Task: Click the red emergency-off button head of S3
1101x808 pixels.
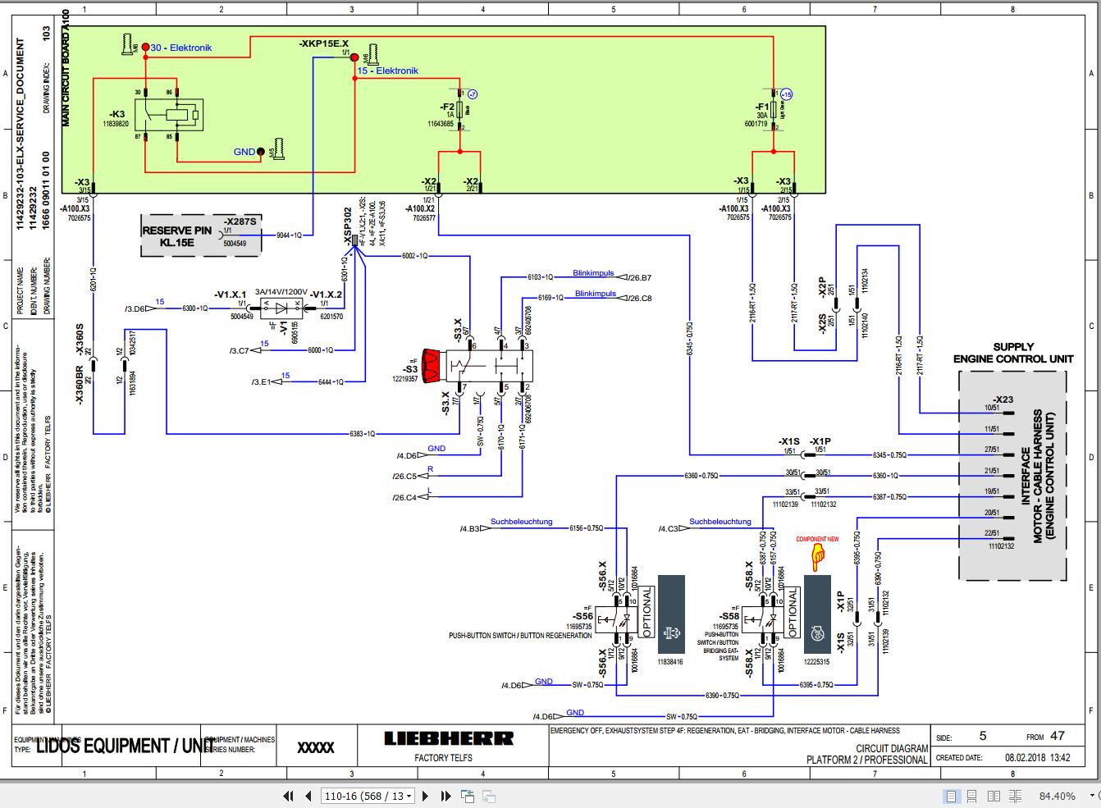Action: point(432,363)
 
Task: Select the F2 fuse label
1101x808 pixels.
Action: point(448,107)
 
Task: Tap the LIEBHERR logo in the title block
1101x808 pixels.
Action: point(449,739)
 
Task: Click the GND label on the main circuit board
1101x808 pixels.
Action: point(244,152)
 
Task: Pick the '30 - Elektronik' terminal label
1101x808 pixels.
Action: point(180,48)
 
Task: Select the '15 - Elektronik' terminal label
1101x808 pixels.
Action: point(387,71)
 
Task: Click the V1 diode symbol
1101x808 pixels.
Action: point(282,309)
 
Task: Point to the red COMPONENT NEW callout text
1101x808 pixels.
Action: point(817,539)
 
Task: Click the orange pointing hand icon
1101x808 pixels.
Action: point(817,559)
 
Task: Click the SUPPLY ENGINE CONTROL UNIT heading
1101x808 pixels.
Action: point(1013,353)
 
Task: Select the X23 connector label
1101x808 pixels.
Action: point(1003,399)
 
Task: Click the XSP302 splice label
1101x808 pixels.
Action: point(347,222)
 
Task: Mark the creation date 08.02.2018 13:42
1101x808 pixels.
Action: point(1036,758)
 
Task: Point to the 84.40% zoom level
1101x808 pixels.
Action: point(1057,796)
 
